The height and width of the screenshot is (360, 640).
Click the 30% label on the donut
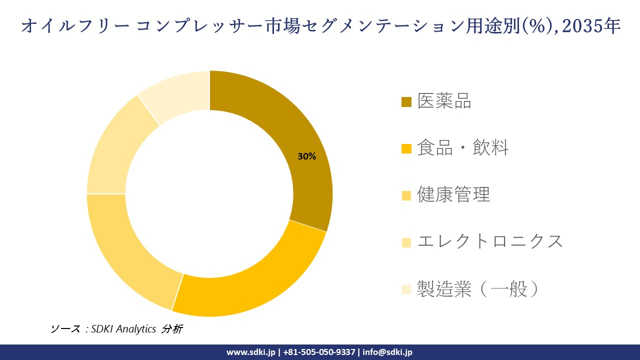[x=306, y=156]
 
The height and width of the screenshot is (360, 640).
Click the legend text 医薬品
[x=444, y=101]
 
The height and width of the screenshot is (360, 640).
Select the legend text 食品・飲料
[x=463, y=148]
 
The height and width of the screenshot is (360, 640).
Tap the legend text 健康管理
[x=454, y=194]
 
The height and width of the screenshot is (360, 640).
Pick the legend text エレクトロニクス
[x=490, y=241]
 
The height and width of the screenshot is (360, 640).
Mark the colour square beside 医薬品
[x=406, y=102]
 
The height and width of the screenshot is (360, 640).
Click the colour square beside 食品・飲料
[x=406, y=148]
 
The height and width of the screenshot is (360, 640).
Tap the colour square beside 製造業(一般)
[x=406, y=289]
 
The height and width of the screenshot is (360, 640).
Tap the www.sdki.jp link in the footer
[x=251, y=352]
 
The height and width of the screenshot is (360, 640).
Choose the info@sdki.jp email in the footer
[x=387, y=352]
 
